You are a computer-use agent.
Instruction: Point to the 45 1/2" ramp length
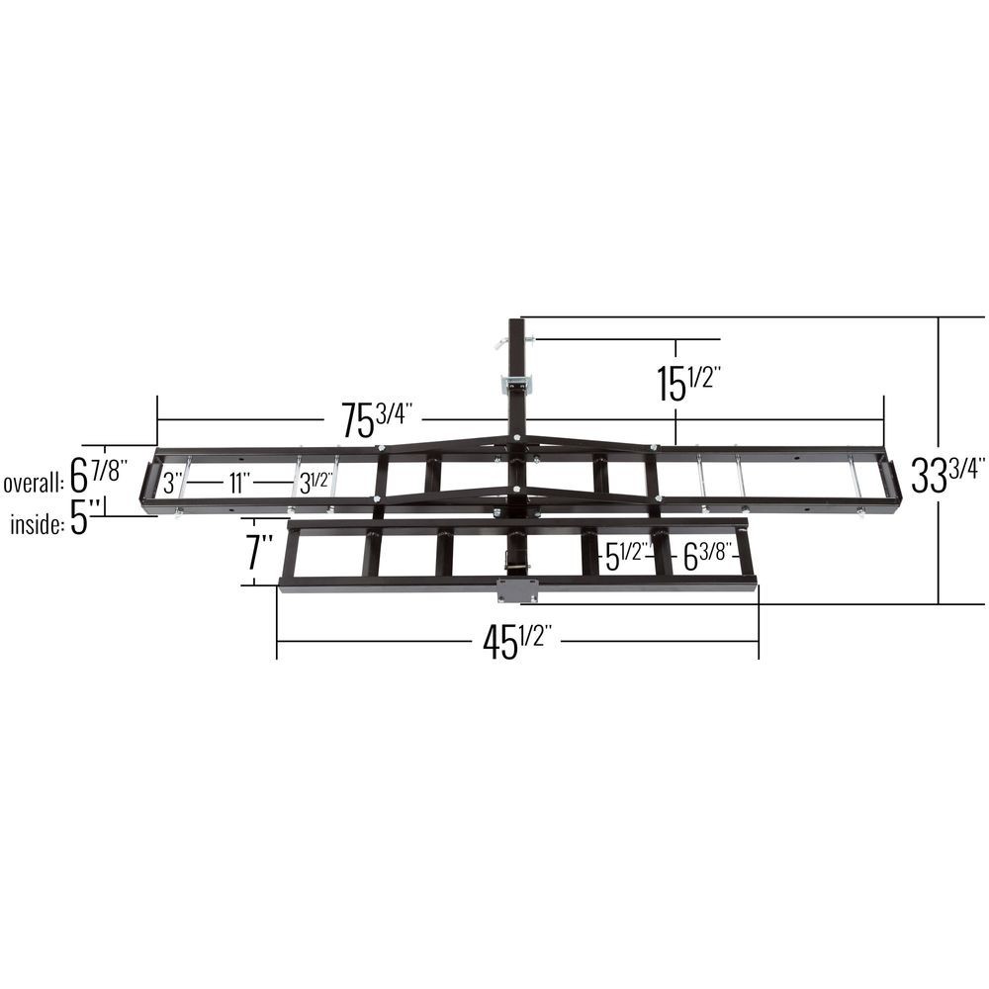point(515,643)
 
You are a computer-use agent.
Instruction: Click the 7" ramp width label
point(259,551)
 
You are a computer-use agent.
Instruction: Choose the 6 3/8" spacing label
point(706,558)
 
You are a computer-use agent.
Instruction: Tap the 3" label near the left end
point(173,484)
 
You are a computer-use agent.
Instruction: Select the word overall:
point(34,483)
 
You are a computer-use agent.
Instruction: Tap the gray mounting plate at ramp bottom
point(517,590)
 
